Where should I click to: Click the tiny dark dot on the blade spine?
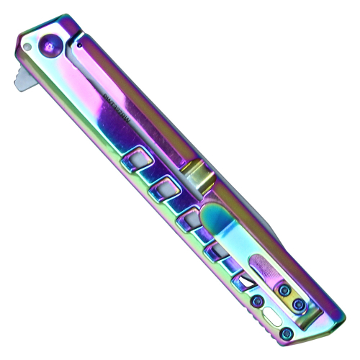coord(78,44)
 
